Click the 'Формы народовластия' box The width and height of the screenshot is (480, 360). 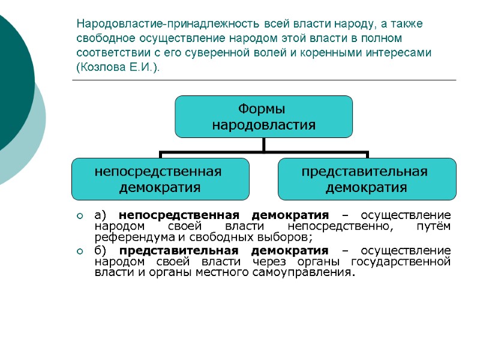point(263,117)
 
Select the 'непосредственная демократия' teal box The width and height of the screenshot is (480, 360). point(160,179)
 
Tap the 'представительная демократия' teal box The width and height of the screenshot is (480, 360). point(367,179)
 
